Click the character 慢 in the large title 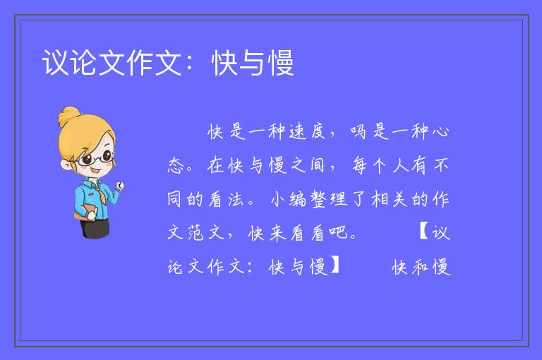282,63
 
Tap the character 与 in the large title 253,63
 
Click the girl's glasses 96,159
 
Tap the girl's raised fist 119,186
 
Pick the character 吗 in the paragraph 358,131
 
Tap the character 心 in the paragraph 440,131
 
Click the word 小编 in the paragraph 289,199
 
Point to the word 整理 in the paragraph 328,199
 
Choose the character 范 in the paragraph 196,232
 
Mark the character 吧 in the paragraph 338,232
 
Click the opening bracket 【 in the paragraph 423,232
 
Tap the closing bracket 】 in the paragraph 335,265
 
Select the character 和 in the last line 421,266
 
